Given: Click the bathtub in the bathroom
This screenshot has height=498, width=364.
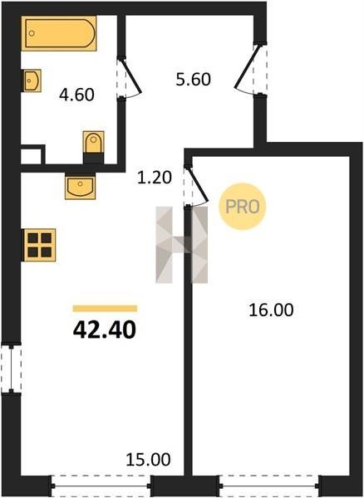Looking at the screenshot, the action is [59, 33].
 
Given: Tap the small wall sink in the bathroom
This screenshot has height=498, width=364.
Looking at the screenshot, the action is [32, 81].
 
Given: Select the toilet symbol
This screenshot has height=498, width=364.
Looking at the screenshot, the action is [93, 147].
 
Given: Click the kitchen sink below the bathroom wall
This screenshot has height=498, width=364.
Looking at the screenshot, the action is [80, 186].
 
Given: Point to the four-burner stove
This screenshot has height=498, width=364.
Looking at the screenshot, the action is [39, 245].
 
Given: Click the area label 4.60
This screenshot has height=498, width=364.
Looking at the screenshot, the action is [76, 95].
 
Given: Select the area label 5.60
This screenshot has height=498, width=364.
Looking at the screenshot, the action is [194, 80].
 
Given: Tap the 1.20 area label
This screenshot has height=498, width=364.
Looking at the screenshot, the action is [155, 178].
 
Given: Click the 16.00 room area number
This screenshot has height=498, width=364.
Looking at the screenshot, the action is [271, 310].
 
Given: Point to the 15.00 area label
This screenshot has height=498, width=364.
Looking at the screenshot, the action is [148, 460].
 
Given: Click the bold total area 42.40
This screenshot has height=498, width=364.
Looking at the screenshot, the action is [105, 330].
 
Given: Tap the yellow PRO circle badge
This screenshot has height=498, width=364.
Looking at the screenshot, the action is [242, 207].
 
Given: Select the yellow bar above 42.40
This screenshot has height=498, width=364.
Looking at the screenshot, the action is [105, 309].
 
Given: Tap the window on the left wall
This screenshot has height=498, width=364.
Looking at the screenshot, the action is [11, 369].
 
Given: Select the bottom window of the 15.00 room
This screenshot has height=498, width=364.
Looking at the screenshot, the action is [101, 486].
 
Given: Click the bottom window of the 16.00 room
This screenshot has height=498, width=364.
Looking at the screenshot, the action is [270, 486].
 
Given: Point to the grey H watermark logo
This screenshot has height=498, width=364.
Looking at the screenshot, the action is [181, 245].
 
